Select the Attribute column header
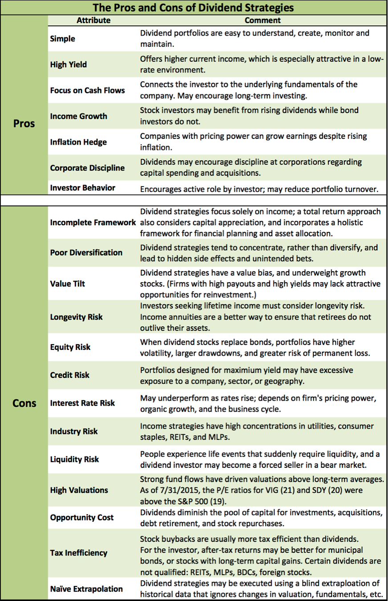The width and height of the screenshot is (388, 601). [93, 20]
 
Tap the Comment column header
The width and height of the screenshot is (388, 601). [263, 20]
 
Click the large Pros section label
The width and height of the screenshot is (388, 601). [24, 123]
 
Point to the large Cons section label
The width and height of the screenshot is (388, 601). [24, 404]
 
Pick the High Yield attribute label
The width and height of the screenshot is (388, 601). [69, 65]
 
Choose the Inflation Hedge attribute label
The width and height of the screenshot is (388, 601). [78, 142]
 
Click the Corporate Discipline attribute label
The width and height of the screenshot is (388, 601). [87, 168]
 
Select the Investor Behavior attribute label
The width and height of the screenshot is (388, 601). [83, 188]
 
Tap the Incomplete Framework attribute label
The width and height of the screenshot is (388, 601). [93, 222]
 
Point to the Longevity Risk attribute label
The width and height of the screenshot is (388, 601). [76, 317]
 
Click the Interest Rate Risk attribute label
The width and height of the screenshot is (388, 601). [82, 403]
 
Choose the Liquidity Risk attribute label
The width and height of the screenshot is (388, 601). [74, 459]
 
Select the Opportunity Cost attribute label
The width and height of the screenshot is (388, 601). [82, 517]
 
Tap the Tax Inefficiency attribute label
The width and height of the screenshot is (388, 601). [79, 552]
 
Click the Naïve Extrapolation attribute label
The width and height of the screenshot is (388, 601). [86, 589]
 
